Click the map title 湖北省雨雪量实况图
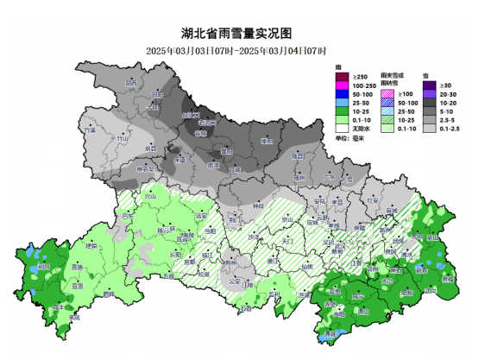click(244, 33)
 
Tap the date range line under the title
click(244, 49)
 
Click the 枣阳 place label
click(266, 140)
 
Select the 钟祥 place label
click(258, 207)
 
